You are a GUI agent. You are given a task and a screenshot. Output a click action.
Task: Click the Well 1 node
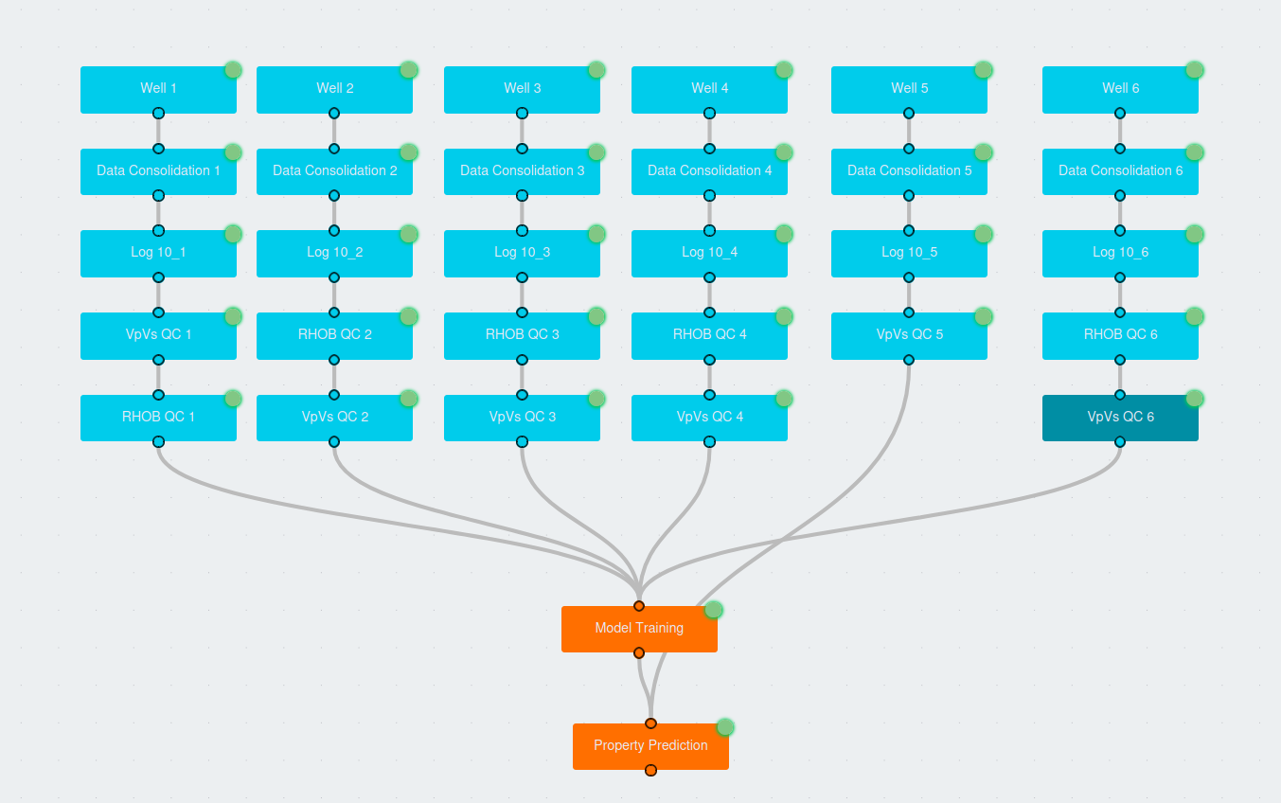[x=158, y=89]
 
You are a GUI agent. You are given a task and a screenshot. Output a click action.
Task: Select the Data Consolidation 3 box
[x=522, y=171]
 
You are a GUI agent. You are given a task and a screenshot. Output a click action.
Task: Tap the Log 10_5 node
[x=909, y=253]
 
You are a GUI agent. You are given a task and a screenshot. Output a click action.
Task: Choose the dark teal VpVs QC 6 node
[x=1120, y=418]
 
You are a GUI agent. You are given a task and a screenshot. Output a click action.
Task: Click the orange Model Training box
[x=639, y=629]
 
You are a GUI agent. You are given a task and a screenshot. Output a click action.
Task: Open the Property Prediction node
[x=650, y=746]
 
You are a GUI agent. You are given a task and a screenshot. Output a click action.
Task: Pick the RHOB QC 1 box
[x=158, y=418]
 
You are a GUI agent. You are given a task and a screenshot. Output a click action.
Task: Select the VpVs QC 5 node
[x=909, y=335]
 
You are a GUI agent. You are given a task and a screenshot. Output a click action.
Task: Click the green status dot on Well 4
[x=784, y=70]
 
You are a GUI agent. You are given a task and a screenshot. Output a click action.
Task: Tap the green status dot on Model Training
[x=714, y=610]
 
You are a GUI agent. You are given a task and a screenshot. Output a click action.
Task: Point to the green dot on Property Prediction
[x=725, y=727]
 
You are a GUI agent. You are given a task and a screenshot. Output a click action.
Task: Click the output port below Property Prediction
[x=650, y=770]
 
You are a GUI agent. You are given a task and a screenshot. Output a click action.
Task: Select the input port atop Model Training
[x=639, y=606]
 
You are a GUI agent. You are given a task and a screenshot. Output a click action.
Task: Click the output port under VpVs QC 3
[x=522, y=442]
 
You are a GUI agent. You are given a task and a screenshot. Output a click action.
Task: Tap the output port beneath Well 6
[x=1120, y=114]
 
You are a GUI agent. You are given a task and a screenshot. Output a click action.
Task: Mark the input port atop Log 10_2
[x=334, y=231]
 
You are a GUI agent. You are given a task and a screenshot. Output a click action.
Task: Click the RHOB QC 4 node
[x=709, y=335]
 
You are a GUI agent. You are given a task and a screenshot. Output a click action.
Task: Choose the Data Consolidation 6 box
[x=1120, y=171]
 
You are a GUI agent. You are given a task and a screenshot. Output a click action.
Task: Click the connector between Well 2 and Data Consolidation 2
[x=334, y=131]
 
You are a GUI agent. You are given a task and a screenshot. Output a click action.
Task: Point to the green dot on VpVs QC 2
[x=409, y=399]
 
